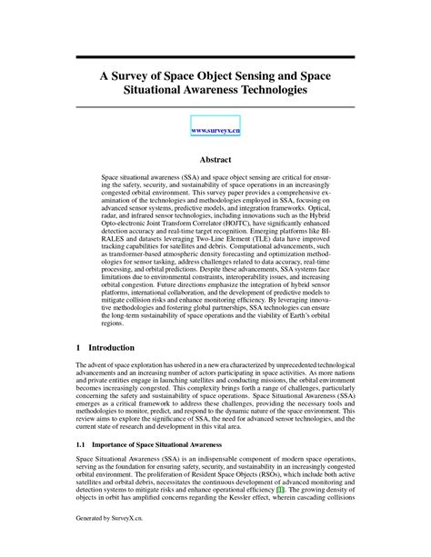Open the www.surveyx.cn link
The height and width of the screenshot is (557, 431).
215,130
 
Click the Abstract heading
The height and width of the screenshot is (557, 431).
215,158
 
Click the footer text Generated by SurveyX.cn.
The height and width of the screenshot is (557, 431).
108,543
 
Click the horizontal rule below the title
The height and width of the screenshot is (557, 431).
215,108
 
